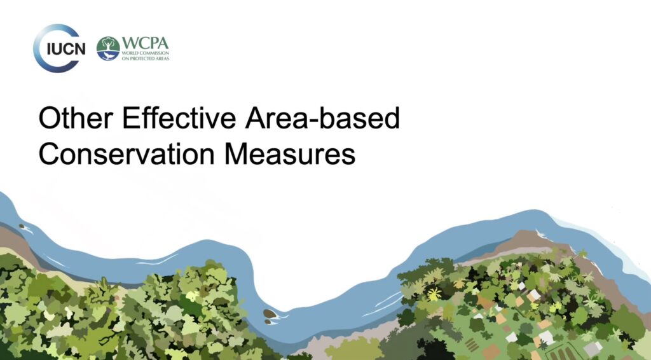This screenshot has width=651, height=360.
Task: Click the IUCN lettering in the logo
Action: point(66,49)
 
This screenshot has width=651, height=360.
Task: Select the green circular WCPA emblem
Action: point(108,48)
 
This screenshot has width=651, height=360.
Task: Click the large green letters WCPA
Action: point(146,43)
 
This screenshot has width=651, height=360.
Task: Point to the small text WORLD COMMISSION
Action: point(146,53)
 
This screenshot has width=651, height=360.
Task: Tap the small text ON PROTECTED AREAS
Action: point(146,59)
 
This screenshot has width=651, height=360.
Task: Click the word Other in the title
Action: point(76,118)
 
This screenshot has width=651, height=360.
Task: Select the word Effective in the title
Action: point(179,118)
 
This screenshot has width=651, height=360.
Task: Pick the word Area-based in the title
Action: point(322,118)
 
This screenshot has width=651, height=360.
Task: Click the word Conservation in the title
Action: point(127,154)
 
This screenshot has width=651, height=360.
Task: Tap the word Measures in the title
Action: point(290,154)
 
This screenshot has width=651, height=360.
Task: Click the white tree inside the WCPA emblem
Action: point(108,45)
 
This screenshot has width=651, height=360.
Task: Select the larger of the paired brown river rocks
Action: point(270,314)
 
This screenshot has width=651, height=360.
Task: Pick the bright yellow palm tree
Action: point(434,294)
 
